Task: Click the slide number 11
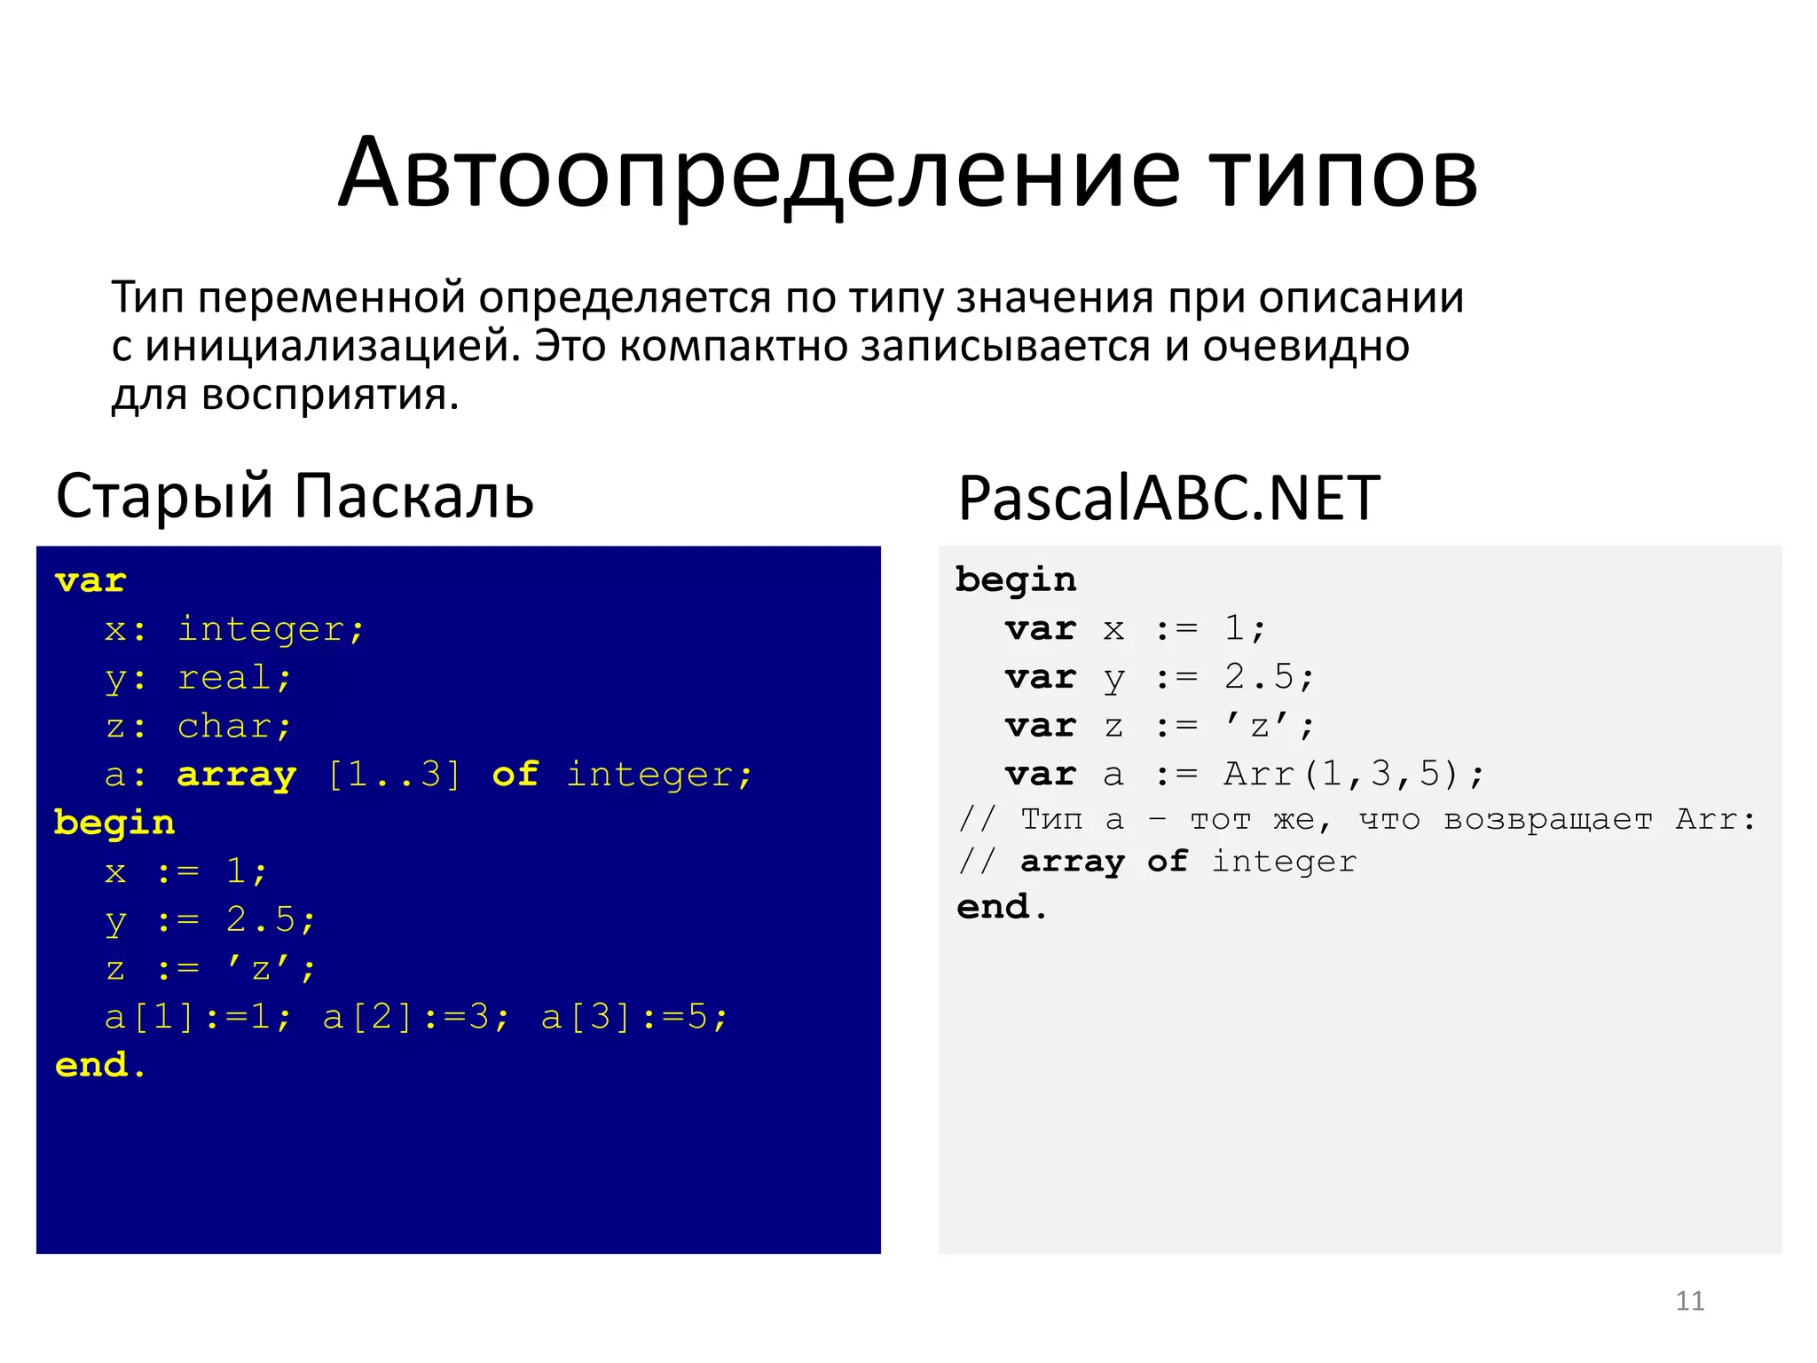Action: [1689, 1301]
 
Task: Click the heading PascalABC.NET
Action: [1168, 499]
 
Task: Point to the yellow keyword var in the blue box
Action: [90, 581]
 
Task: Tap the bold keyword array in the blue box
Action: [236, 776]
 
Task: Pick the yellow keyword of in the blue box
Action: [515, 775]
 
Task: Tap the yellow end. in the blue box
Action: [100, 1065]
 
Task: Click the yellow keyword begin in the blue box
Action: [114, 823]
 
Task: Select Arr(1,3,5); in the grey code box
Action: [1353, 775]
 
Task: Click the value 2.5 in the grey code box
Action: [1259, 678]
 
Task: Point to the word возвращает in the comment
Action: [1547, 820]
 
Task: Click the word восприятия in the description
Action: [330, 396]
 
